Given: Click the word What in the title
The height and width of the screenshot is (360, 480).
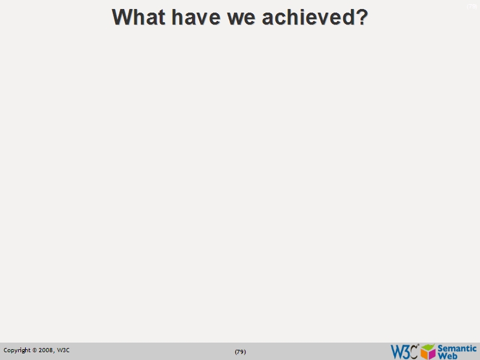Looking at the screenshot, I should (x=139, y=17).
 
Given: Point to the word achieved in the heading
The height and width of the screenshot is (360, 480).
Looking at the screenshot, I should (x=307, y=17).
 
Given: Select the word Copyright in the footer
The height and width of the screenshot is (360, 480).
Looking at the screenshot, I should (x=17, y=350).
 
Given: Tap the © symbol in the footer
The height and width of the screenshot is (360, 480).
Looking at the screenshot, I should (x=35, y=350).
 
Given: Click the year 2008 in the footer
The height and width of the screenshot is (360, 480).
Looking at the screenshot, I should (x=46, y=350).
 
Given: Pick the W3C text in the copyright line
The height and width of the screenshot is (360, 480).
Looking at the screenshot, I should (x=63, y=350).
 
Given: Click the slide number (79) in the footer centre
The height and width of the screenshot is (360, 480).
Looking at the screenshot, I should (x=240, y=352).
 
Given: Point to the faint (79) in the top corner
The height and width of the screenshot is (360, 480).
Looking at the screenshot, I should (x=472, y=7).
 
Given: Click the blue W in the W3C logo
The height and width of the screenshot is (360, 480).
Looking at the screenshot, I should (x=397, y=352).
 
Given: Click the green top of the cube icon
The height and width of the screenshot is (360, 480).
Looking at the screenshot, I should (x=428, y=347).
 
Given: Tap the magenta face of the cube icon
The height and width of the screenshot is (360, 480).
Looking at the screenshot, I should (x=432, y=354).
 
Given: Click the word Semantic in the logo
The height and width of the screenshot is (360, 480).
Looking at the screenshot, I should (x=457, y=348).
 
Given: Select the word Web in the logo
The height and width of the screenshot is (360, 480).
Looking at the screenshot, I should (x=448, y=356).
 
